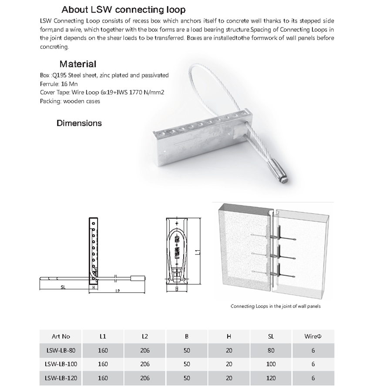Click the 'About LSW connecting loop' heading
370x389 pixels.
[123, 10]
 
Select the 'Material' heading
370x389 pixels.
[78, 64]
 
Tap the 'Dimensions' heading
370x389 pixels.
[79, 123]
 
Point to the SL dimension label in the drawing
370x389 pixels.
[63, 287]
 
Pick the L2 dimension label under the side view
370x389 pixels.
[118, 290]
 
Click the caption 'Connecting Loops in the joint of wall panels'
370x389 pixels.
[276, 306]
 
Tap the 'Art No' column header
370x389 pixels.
[61, 336]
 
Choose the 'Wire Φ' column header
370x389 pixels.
[313, 336]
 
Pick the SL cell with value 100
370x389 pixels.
[271, 364]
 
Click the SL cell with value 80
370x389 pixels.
[271, 350]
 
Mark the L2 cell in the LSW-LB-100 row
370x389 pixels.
[145, 364]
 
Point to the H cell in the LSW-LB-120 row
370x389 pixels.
[229, 378]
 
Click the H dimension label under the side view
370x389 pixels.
[93, 287]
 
